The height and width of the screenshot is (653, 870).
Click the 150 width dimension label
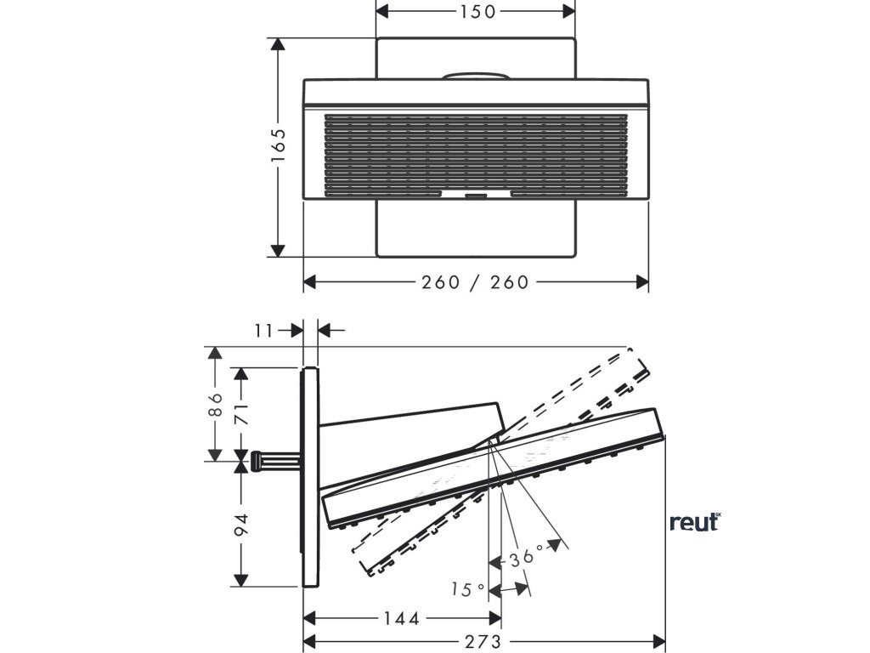coord(475,11)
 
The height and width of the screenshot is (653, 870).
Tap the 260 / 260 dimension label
coord(475,282)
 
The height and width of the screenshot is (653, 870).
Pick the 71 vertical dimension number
coord(243,414)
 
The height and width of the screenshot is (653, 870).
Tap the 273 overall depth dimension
coord(483,641)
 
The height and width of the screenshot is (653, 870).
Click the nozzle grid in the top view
coord(475,152)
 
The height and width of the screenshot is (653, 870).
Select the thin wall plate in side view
coord(310,476)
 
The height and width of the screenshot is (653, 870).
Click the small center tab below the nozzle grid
coord(475,195)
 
